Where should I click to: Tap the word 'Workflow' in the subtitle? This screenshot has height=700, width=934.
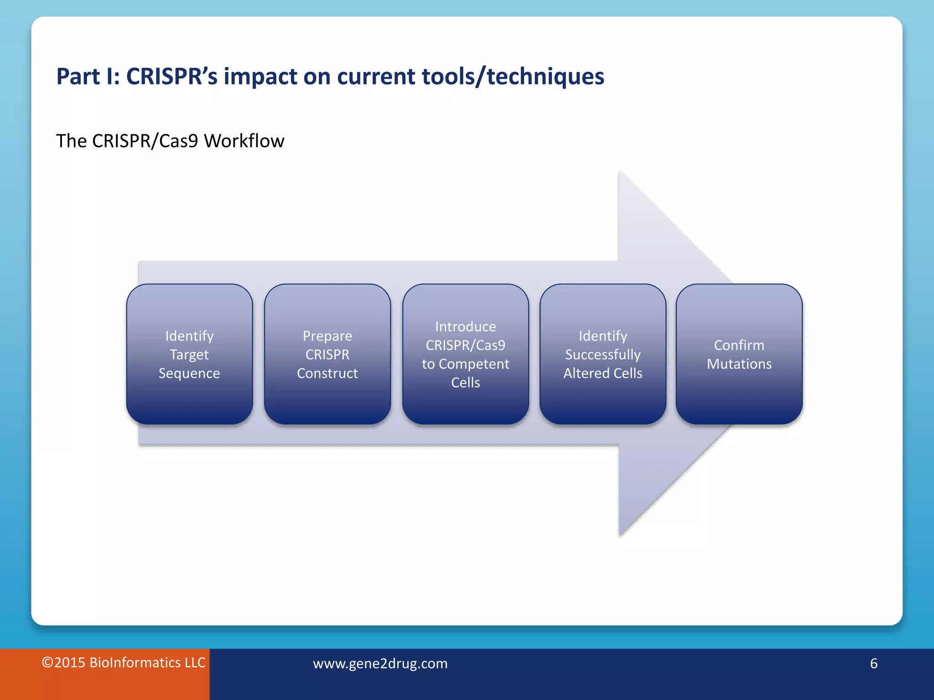(244, 141)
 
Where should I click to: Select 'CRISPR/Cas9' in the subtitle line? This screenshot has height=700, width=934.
(145, 141)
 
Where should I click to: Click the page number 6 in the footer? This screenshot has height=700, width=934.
(873, 664)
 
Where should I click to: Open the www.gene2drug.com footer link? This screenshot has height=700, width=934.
(380, 664)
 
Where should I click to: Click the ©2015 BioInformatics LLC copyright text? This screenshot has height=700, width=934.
(124, 663)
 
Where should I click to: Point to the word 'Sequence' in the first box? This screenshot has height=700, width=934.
(189, 373)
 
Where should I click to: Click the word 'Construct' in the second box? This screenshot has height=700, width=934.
(327, 373)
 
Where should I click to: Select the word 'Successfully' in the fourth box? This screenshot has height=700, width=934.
(603, 355)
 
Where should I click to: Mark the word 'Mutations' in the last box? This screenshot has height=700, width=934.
(739, 364)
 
